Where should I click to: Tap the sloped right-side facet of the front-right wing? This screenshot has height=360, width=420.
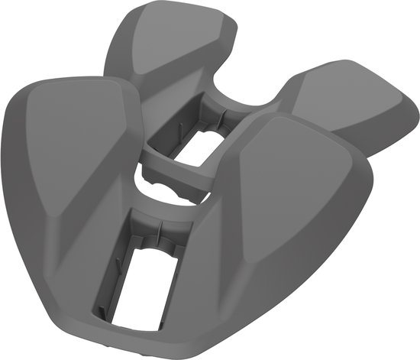(347, 199)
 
